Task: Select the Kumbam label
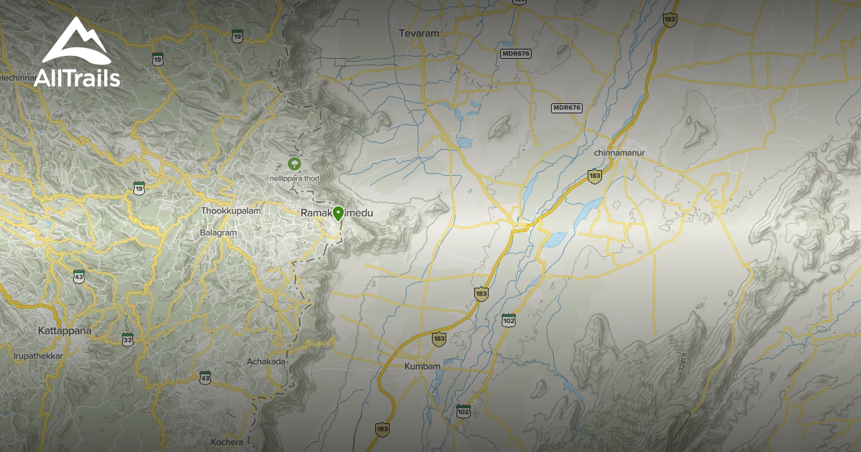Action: click(x=422, y=366)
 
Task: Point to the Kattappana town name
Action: click(x=65, y=331)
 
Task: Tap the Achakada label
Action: click(x=266, y=362)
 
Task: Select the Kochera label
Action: click(x=227, y=442)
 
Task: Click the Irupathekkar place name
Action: click(x=38, y=356)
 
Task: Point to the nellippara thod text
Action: click(x=294, y=177)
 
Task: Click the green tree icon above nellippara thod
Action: click(x=293, y=163)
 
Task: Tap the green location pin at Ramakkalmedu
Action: click(x=339, y=213)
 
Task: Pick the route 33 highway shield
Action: click(x=128, y=339)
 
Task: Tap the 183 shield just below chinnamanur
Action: click(x=594, y=176)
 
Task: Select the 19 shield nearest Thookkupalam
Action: click(x=139, y=188)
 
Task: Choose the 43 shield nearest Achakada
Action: click(x=205, y=377)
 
